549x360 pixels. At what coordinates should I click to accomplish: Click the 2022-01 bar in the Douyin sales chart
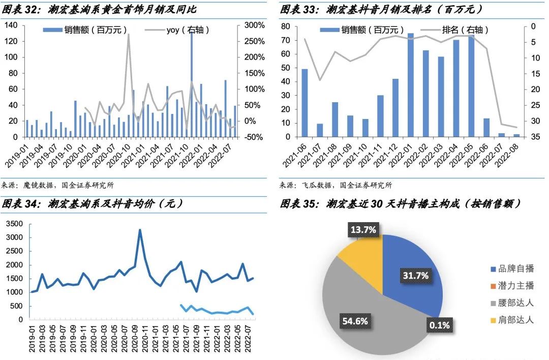[x=410, y=85]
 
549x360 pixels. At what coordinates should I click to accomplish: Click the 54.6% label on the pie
[x=354, y=321]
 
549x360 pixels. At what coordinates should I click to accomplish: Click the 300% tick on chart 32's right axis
[x=254, y=25]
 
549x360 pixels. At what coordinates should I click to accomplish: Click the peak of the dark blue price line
[x=140, y=230]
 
